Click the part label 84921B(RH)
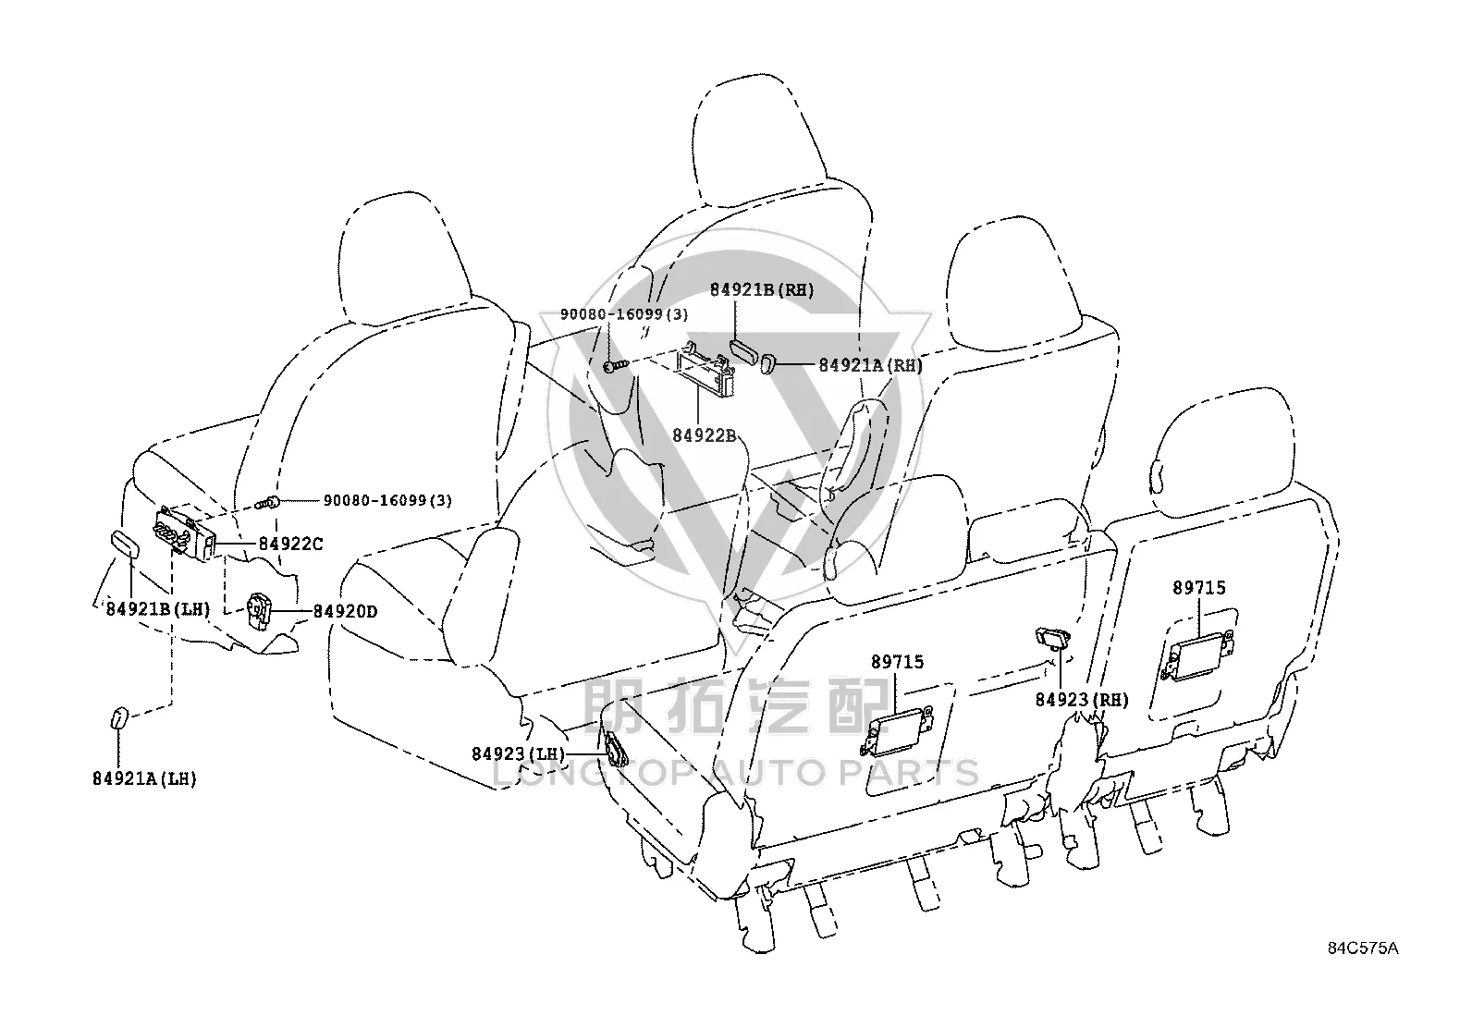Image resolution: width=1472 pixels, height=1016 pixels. pyautogui.click(x=762, y=289)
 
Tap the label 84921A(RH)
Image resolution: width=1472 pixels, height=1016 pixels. pyautogui.click(x=871, y=365)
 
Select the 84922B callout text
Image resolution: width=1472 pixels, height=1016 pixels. pyautogui.click(x=704, y=435)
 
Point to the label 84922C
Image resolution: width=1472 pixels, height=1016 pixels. pyautogui.click(x=290, y=544)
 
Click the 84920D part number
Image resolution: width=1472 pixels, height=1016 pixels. pyautogui.click(x=345, y=611)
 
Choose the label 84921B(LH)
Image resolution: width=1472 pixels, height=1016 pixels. pyautogui.click(x=158, y=609)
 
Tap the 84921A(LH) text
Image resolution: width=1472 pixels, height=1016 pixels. pyautogui.click(x=144, y=778)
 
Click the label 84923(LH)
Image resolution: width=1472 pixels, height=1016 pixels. pyautogui.click(x=519, y=753)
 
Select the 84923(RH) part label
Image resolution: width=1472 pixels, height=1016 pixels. pyautogui.click(x=1083, y=700)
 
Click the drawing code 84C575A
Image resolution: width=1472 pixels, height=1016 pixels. pyautogui.click(x=1363, y=949)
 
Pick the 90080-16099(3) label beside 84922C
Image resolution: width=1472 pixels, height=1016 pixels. pyautogui.click(x=387, y=500)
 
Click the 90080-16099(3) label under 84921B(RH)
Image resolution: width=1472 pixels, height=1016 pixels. pyautogui.click(x=624, y=314)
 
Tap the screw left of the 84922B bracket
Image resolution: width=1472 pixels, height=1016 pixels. pyautogui.click(x=615, y=365)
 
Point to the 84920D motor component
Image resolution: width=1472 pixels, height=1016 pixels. pyautogui.click(x=259, y=611)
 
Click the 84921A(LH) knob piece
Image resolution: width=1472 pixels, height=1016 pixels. pyautogui.click(x=118, y=717)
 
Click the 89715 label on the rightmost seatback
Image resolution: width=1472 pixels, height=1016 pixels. pyautogui.click(x=1199, y=588)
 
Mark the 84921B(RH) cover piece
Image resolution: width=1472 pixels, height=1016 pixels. pyautogui.click(x=744, y=349)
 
